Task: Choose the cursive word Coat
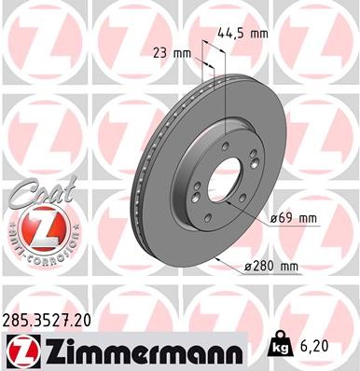35,192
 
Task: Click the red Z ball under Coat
35,228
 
